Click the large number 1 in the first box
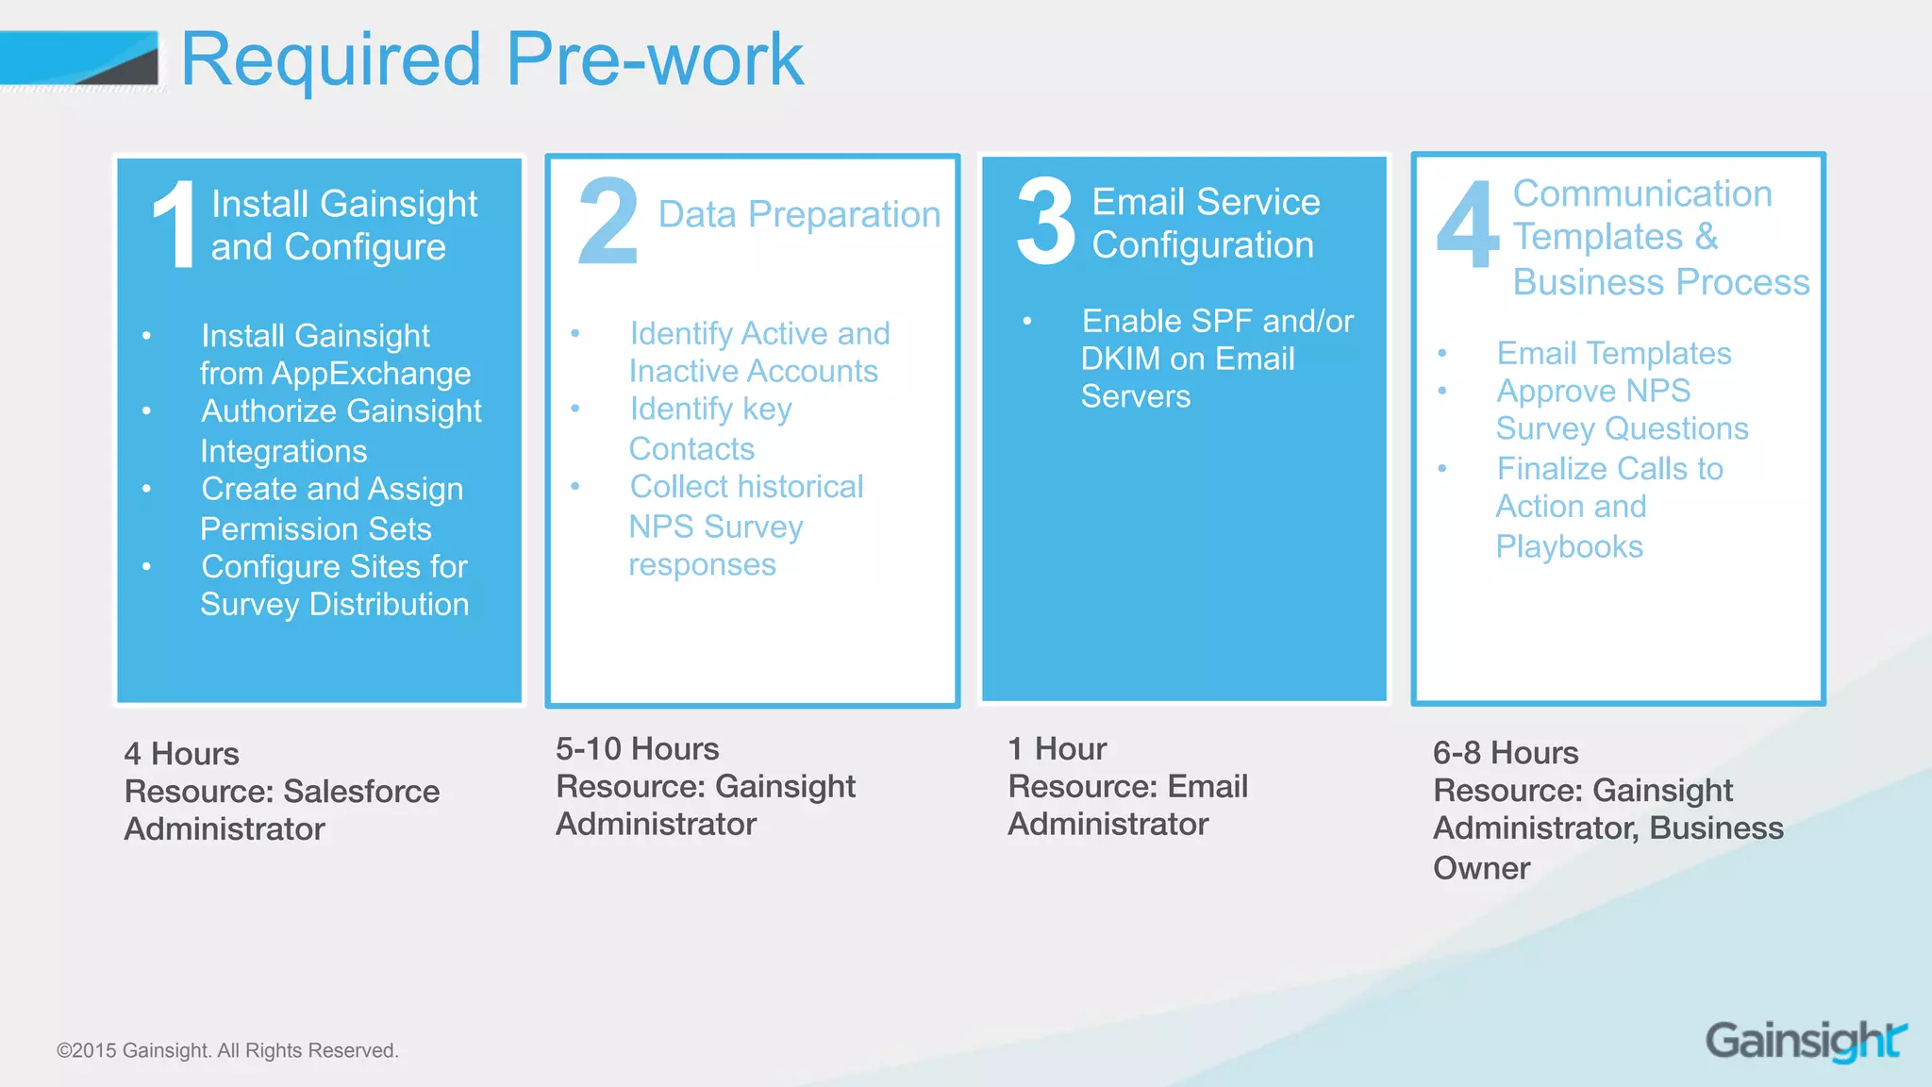(175, 225)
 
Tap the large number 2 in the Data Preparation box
(608, 222)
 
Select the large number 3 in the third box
(1045, 223)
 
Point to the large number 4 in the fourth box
(1467, 226)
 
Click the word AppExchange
(371, 374)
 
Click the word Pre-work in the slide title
(654, 59)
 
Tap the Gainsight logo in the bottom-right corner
(1806, 1041)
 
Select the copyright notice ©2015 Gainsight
(227, 1050)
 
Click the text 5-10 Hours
(637, 749)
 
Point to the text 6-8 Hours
(1505, 753)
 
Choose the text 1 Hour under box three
(1057, 749)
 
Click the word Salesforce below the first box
(361, 791)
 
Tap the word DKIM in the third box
(1120, 360)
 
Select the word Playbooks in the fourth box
(1569, 546)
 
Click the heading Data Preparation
(799, 215)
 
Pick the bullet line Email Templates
(1613, 354)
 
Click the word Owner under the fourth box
(1481, 868)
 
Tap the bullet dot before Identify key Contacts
(575, 409)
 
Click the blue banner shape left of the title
(79, 59)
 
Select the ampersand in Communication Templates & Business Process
(1706, 237)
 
